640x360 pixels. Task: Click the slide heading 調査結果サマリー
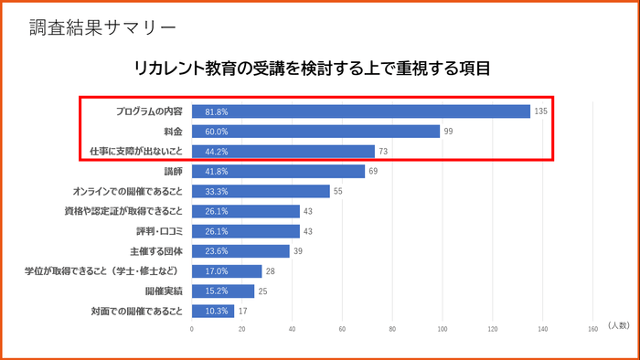tap(101, 26)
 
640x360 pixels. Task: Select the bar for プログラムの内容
tap(360, 111)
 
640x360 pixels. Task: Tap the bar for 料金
tap(315, 132)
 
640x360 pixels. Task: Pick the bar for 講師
tap(278, 172)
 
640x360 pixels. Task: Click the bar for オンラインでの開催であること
tap(261, 192)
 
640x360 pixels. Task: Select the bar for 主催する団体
tap(240, 251)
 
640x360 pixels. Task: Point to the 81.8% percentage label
tap(217, 111)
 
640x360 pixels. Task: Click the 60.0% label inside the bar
tap(217, 132)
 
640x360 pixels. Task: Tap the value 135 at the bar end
tap(540, 111)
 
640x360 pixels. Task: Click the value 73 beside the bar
tap(384, 152)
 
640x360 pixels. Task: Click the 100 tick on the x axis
tap(443, 328)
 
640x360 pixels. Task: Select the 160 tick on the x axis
tap(592, 328)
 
